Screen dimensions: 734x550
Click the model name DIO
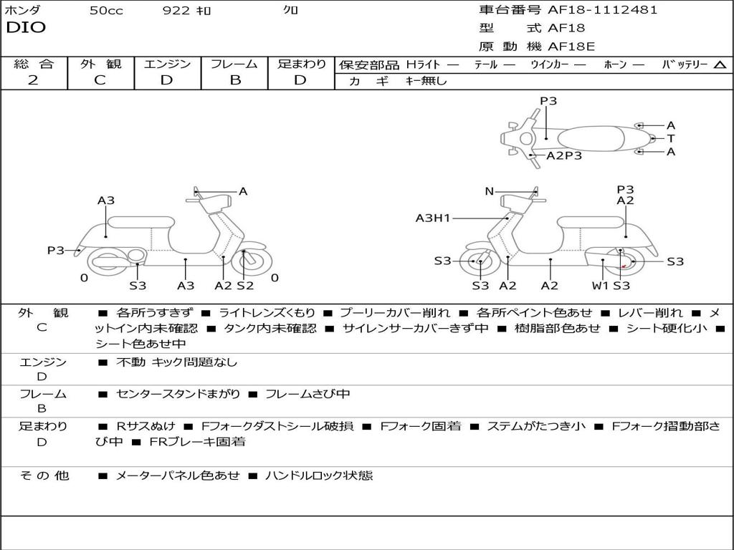26,28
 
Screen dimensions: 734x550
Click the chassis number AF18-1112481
602,10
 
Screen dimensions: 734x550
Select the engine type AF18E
571,47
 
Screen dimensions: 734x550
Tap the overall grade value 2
33,80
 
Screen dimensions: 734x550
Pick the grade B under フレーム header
235,80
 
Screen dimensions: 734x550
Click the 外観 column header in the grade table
100,64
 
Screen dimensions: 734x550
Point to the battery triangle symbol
720,65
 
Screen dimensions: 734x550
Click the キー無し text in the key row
426,81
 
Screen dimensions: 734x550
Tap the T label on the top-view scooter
671,138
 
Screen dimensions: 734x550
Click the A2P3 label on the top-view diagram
564,155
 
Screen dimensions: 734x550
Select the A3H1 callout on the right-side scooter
433,218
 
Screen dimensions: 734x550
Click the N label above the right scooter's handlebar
489,191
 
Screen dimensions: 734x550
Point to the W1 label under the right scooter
600,285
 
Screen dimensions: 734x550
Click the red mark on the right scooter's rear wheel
623,266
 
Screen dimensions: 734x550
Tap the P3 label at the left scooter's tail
55,251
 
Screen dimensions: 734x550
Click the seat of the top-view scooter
591,139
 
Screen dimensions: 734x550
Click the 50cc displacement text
106,10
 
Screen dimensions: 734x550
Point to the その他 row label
44,476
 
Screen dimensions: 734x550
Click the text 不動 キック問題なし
176,362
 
